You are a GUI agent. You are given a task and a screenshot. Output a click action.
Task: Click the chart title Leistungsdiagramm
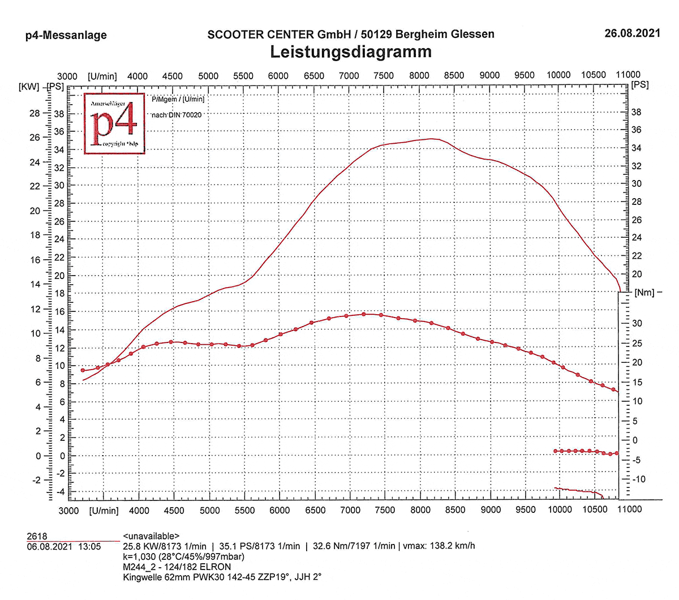pos(351,52)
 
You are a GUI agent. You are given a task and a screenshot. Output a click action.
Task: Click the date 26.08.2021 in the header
pos(632,33)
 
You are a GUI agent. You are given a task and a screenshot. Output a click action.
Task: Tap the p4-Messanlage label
pos(66,35)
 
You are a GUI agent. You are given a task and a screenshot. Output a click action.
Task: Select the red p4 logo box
pos(114,124)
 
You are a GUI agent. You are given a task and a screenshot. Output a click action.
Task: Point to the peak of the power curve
pos(431,138)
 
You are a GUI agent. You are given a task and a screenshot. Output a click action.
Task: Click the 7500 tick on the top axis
pos(384,76)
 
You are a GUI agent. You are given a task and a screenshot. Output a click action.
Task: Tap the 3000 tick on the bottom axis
pos(69,511)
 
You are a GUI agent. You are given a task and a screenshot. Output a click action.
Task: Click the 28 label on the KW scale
pos(35,113)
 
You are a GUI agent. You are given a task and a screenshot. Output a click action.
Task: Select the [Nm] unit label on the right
pos(644,293)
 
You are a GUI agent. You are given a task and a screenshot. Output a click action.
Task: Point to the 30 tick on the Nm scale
pos(637,323)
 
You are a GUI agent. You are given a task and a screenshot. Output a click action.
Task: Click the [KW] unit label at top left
pos(29,87)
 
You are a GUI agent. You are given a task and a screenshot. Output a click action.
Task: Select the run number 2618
pos(37,536)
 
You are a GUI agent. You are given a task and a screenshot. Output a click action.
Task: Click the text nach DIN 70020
pos(177,115)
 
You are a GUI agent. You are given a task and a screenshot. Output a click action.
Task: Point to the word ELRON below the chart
pos(216,567)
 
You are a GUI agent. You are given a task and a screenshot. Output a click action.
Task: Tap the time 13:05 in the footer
pos(90,546)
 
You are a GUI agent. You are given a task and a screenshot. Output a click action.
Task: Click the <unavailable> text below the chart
pos(151,536)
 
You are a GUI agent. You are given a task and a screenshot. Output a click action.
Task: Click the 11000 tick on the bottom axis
pos(629,509)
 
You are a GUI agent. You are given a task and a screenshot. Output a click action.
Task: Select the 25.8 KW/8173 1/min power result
pos(165,546)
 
